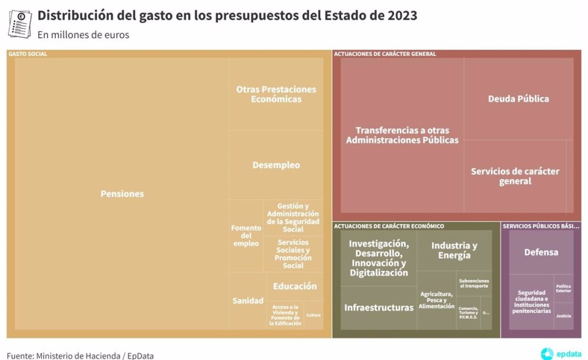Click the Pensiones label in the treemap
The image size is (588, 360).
pos(122,194)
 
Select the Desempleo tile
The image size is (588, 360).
pos(276,165)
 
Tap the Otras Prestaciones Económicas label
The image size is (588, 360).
pos(276,94)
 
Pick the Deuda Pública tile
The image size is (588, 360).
pos(518,99)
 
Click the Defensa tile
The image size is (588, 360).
pos(541,252)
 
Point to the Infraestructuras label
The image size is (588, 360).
pos(379,308)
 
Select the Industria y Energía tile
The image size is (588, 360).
pos(454,251)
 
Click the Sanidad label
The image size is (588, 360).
pos(248,301)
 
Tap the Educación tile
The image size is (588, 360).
pos(295,286)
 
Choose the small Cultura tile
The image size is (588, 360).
pos(313,315)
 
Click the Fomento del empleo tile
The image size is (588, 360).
pos(245,235)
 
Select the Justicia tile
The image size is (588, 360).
pos(563,316)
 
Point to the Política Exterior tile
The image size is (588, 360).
pos(563,288)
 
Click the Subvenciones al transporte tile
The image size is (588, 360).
pos(473,284)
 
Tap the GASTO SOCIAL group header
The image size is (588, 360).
pos(28,54)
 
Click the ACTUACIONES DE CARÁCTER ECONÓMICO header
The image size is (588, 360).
pos(389,226)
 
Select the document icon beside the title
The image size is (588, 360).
pos(21,22)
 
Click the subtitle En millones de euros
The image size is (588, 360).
pos(83,35)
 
